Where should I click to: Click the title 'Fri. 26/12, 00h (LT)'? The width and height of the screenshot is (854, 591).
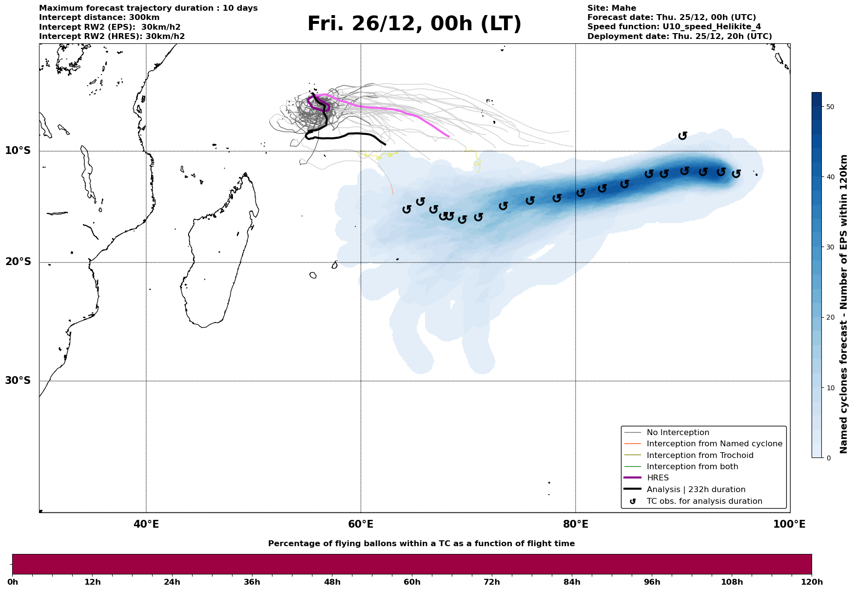414,24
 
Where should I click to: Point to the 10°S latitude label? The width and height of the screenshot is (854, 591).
18,151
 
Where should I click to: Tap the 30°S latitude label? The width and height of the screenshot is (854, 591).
18,381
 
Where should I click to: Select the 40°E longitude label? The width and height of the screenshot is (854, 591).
146,525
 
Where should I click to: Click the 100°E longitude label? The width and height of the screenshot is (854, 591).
789,525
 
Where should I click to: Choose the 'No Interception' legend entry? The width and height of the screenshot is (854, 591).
678,433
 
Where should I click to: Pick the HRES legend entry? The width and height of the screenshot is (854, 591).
658,478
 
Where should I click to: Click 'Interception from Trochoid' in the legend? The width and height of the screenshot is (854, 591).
699,456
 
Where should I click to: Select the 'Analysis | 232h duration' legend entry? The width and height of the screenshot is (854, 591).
696,490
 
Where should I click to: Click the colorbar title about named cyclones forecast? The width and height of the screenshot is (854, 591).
844,304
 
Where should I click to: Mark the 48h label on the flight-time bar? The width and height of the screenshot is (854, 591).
332,582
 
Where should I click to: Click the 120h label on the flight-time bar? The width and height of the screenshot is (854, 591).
811,582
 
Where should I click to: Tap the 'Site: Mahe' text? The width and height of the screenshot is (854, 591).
611,8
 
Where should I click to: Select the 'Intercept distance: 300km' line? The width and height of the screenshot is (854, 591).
99,18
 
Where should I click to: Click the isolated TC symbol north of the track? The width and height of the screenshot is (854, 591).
682,135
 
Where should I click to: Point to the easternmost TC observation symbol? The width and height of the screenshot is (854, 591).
736,173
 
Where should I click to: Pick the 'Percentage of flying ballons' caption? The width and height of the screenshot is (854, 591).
421,544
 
